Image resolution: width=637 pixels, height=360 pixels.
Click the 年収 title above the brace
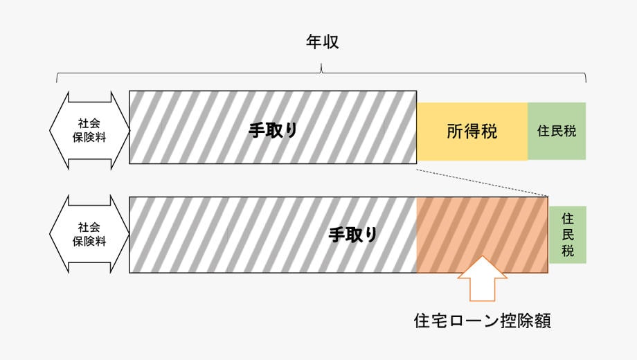pos(322,42)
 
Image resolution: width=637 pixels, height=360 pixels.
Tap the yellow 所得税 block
pos(472,132)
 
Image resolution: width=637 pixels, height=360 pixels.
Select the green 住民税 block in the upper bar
pos(557,132)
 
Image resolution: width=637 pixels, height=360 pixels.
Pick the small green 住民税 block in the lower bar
pos(568,235)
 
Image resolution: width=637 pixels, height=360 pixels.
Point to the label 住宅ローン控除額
pos(482,321)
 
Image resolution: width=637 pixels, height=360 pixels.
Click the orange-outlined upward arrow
pos(482,279)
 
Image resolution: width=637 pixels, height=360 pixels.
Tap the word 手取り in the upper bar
pos(273,130)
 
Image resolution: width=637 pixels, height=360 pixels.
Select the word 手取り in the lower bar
pos(353,235)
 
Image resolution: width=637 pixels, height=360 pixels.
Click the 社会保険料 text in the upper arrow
pos(89,130)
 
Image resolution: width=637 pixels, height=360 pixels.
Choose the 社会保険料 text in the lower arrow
pos(89,234)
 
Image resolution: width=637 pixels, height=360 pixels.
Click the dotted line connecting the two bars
pos(482,183)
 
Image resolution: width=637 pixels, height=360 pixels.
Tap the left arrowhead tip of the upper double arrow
pos(50,131)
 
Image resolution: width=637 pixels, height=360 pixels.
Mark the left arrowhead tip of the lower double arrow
pos(50,234)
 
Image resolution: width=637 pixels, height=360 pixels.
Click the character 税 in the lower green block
pos(568,251)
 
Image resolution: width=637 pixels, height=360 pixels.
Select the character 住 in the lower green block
pos(568,219)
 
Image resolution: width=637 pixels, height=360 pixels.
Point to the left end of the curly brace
pos(57,82)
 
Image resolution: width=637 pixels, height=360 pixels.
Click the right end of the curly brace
pos(586,82)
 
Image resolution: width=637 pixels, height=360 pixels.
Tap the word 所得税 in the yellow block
pos(472,132)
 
